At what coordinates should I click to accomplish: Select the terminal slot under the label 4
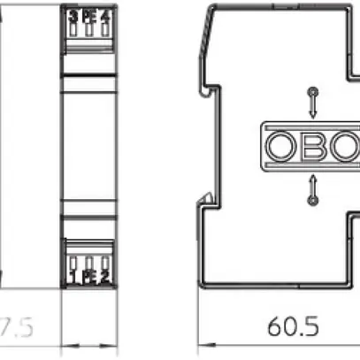(106, 29)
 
